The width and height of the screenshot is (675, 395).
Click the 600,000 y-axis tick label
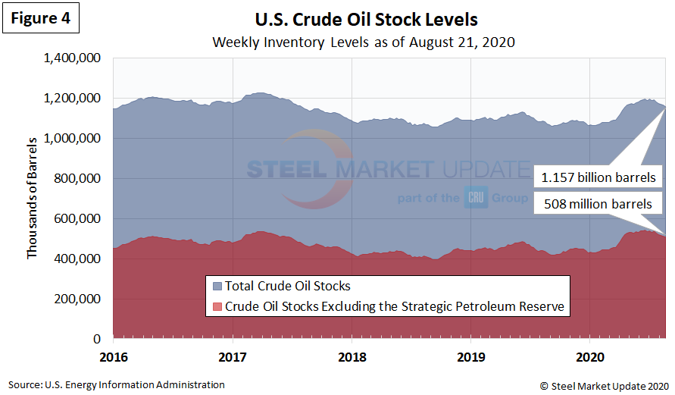(x=80, y=219)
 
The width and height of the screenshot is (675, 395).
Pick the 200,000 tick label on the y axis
(x=80, y=299)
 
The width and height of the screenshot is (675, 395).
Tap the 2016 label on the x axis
(x=113, y=355)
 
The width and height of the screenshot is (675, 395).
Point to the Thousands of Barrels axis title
(x=32, y=199)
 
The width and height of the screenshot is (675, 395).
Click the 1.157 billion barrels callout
(x=598, y=177)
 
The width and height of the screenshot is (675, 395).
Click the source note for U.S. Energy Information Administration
(x=117, y=385)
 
